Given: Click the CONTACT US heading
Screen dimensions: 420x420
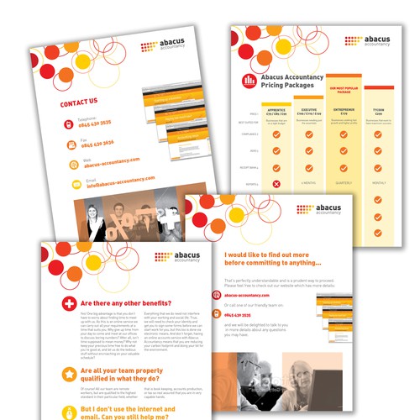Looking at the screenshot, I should coord(79,102).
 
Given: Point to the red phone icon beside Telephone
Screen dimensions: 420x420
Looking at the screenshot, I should coord(70,123).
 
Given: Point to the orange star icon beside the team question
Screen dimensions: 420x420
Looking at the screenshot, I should coord(66,349).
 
